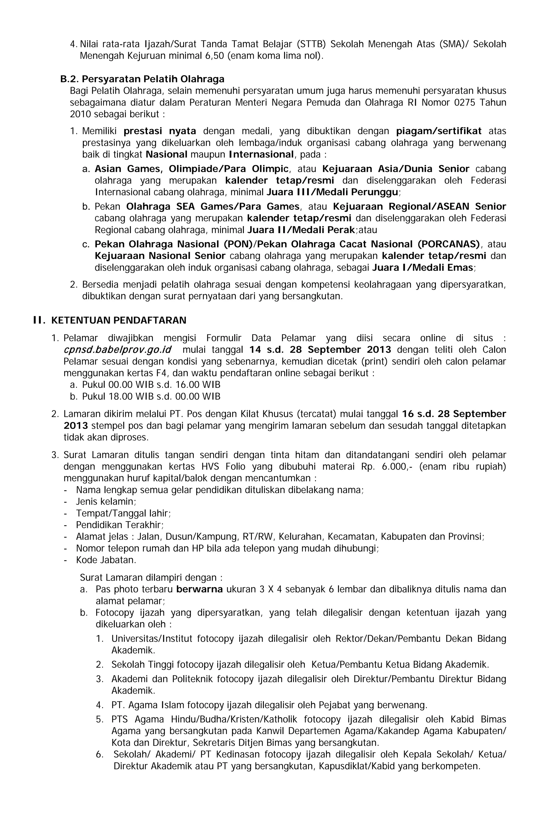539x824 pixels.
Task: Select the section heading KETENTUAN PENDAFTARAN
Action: click(118, 320)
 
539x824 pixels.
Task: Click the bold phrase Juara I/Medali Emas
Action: click(423, 267)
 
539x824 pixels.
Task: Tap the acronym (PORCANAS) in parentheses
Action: click(448, 244)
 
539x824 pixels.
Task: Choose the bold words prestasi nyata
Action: click(160, 131)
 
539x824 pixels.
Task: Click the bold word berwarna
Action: click(199, 589)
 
